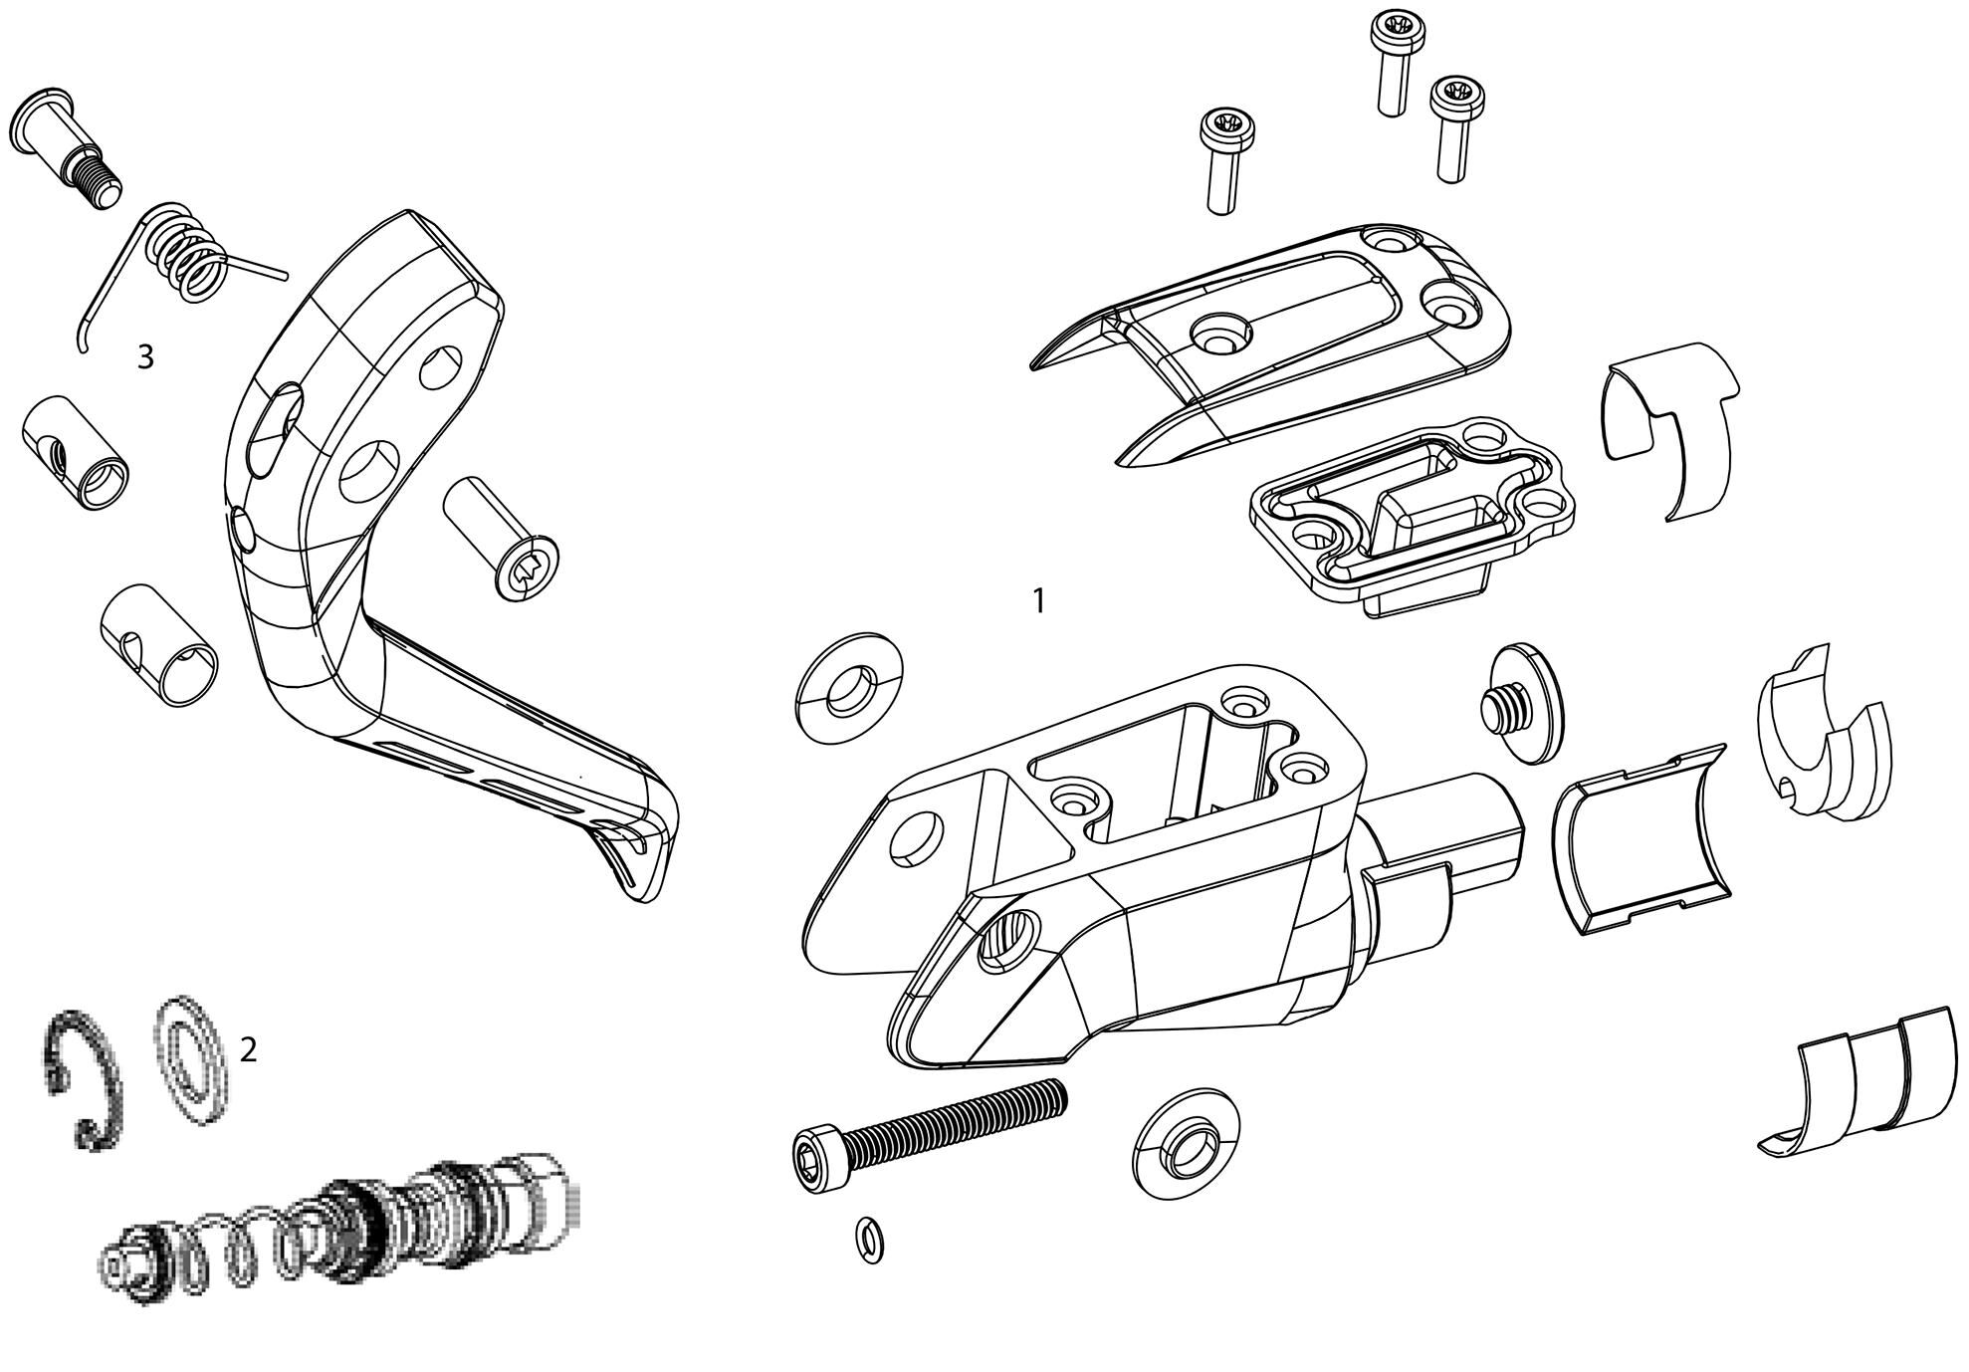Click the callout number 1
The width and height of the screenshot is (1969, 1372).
tap(1038, 601)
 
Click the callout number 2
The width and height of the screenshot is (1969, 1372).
tap(248, 1049)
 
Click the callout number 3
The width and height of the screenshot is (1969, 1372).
tap(145, 357)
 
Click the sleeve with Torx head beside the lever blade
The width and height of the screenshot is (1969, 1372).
tap(504, 539)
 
